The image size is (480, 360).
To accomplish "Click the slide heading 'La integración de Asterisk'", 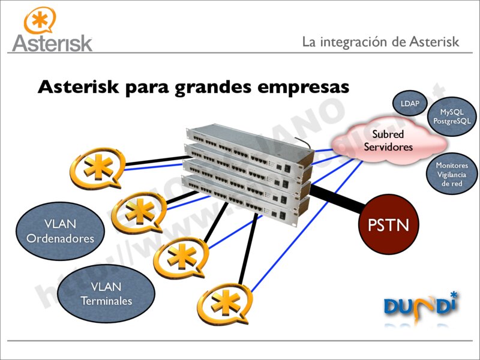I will coord(380,41).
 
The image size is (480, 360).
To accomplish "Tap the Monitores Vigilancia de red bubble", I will coord(452,175).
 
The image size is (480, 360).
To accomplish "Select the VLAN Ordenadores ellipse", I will coord(60,231).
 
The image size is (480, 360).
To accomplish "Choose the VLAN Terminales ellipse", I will coord(106,294).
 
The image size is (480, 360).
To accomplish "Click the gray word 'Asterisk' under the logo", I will coord(52,43).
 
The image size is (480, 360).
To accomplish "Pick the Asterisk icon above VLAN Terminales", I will coord(181,257).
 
